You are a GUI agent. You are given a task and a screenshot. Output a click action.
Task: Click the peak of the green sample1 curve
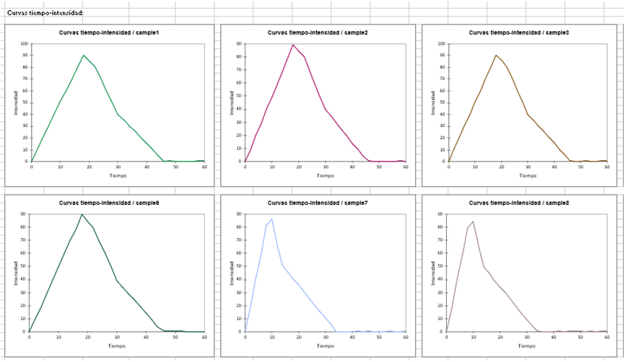tap(84, 55)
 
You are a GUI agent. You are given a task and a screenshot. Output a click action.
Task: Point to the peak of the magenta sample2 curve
tap(293, 45)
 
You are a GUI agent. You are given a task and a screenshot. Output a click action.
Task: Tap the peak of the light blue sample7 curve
tap(271, 219)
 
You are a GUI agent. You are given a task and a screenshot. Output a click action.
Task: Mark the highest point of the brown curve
tap(495, 55)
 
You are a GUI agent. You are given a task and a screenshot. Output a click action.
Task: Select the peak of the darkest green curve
tap(82, 214)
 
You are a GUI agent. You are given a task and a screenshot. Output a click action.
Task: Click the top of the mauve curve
tap(473, 221)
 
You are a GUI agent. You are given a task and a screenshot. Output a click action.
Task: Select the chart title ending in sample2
tap(318, 33)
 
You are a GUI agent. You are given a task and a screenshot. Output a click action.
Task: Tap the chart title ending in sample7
tap(318, 203)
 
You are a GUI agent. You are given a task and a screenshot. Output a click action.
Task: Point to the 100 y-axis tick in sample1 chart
tap(25, 44)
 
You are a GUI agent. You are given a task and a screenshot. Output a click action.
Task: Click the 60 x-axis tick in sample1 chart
tap(204, 167)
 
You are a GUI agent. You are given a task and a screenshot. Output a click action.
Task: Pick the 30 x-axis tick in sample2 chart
tap(326, 167)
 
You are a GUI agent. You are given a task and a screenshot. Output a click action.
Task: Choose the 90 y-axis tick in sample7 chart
tap(239, 214)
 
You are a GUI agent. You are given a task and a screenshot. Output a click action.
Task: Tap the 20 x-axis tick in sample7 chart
tap(299, 337)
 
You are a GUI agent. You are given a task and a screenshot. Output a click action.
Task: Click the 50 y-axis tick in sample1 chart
tap(25, 102)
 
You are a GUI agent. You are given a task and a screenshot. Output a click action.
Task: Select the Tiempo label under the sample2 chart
tap(325, 175)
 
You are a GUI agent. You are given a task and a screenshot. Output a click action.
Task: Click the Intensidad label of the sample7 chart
tap(232, 273)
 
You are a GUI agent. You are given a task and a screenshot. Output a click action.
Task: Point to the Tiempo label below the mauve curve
tap(527, 345)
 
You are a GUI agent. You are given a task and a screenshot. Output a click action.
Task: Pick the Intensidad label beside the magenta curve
tap(232, 102)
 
